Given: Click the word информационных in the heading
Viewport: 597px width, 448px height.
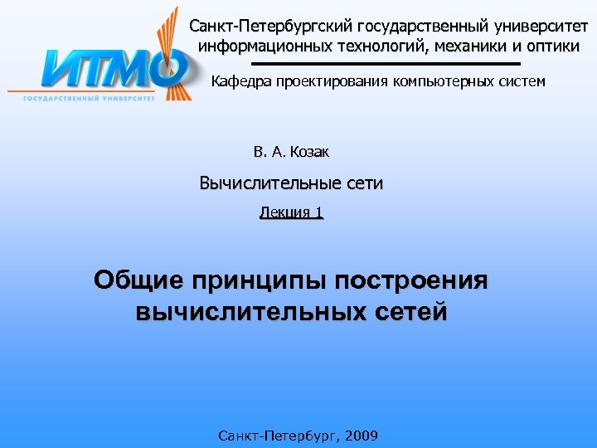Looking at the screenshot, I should [x=254, y=46].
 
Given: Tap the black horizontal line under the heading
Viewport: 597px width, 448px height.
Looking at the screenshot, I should [x=385, y=63].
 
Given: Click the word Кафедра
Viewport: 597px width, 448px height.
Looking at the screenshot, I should [x=241, y=81].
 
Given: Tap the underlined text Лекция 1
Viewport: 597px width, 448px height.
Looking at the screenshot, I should [x=291, y=212].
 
